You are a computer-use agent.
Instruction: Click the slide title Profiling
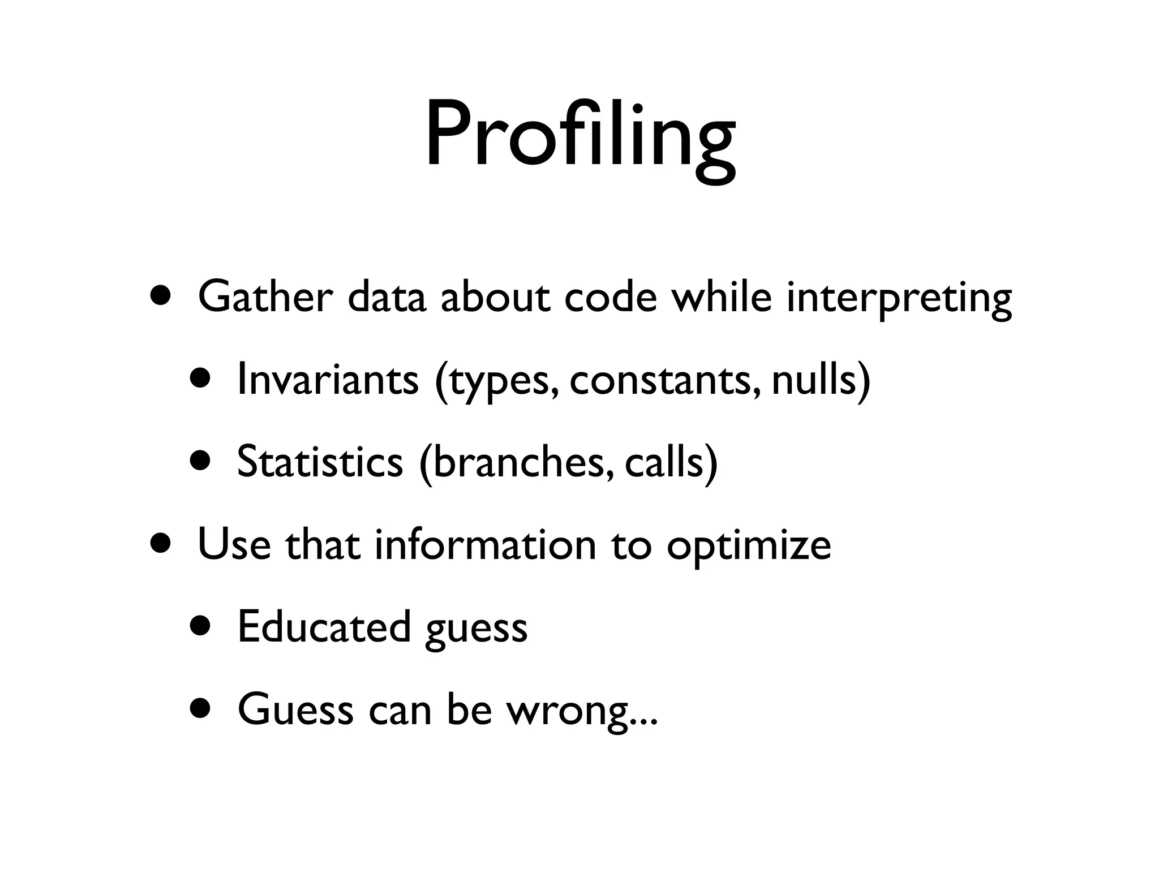(580, 136)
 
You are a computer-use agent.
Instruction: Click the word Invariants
(328, 379)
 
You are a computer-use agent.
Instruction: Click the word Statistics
(320, 461)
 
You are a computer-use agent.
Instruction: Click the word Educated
(324, 626)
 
